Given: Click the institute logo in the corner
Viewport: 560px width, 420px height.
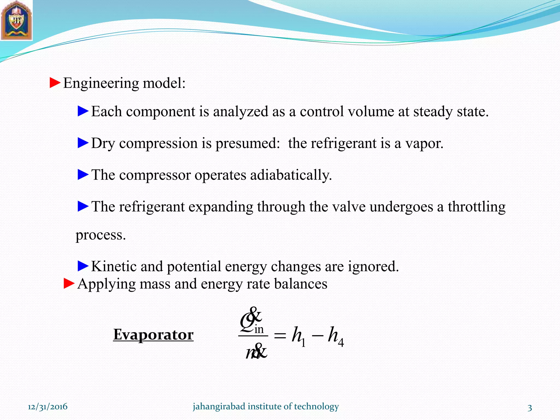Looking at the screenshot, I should [16, 21].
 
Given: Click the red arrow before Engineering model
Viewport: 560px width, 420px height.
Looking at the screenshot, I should [55, 83].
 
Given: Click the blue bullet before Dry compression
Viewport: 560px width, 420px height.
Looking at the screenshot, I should [83, 143].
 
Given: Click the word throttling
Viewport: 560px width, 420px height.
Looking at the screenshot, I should [476, 207].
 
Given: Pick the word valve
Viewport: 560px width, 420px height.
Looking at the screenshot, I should [349, 206].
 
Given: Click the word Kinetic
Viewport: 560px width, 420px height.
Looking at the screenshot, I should [114, 266].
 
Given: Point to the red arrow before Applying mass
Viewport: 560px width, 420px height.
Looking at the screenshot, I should [69, 283].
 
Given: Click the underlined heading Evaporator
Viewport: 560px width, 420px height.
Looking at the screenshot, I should [153, 334].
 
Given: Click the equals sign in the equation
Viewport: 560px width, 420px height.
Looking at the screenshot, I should [280, 336].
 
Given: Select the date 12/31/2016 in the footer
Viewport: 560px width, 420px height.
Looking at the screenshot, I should [48, 407].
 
